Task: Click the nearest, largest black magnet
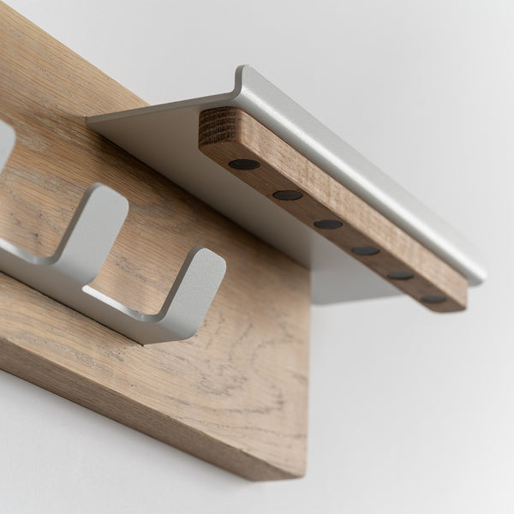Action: [x=244, y=164]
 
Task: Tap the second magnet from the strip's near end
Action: [x=287, y=195]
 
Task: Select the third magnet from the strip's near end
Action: [x=327, y=224]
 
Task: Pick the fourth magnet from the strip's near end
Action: [x=365, y=251]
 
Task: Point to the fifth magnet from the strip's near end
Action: [x=400, y=275]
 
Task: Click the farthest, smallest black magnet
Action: [x=433, y=299]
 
